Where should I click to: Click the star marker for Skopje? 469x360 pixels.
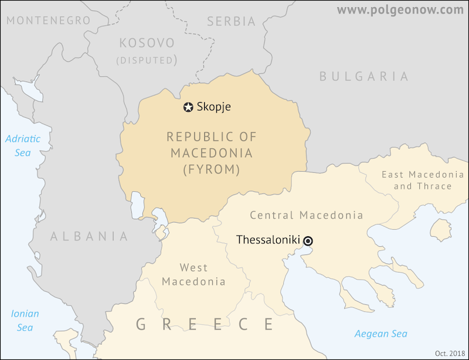coord(188,107)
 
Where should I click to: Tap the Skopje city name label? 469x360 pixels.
coord(214,107)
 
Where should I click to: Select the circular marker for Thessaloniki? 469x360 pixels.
coord(308,240)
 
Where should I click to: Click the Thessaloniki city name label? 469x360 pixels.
coord(268,240)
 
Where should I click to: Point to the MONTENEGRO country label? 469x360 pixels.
coord(49,21)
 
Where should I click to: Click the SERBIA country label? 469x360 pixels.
coord(232,22)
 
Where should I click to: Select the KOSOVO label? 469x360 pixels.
coord(147,43)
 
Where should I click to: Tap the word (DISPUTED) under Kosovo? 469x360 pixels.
coord(147,60)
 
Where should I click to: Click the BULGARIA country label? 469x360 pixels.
coord(363,76)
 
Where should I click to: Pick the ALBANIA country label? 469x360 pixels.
coord(89,236)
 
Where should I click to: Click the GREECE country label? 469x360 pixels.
coord(205,324)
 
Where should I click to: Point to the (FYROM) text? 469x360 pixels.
coord(212,170)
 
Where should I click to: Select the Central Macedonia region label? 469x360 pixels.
coord(307,215)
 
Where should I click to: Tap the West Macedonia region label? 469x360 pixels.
coord(193,275)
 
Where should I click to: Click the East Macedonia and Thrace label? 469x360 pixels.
coord(423,180)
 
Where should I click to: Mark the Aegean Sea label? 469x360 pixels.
coord(380,334)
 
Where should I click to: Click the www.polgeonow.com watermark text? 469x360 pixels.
coord(400,9)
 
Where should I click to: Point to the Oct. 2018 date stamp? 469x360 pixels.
coord(450,353)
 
